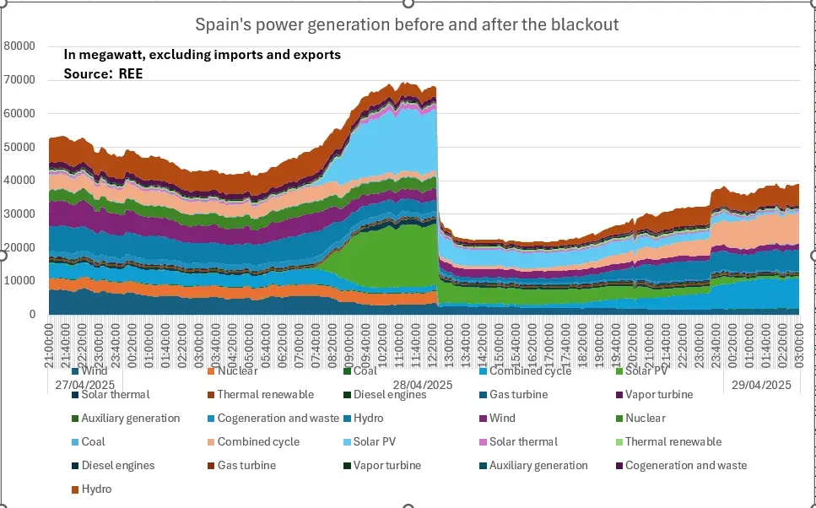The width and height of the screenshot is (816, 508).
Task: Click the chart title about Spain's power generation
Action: (x=407, y=24)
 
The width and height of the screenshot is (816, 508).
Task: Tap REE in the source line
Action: (x=131, y=74)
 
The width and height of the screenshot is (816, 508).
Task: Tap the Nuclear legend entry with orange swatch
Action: (x=237, y=370)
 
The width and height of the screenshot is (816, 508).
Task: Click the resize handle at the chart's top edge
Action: (x=408, y=3)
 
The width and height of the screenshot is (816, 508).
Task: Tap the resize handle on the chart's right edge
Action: (x=813, y=254)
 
